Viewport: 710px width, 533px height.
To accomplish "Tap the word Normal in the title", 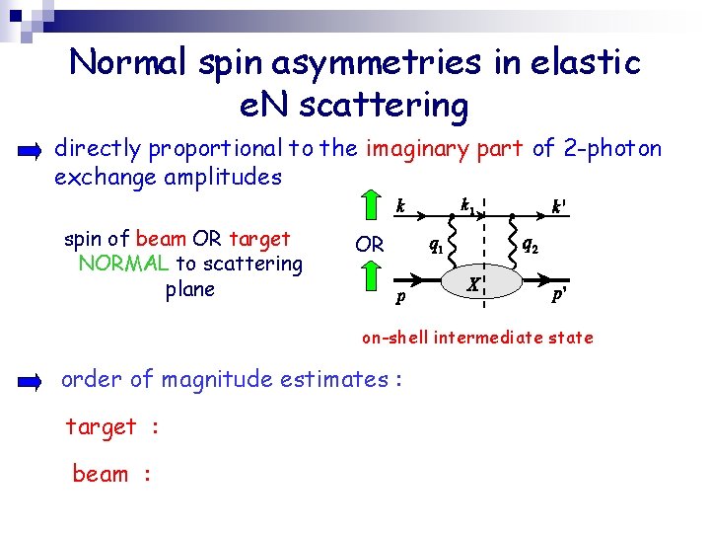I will click(124, 63).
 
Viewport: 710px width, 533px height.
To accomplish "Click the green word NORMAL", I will click(123, 264).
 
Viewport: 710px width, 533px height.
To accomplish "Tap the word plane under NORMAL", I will click(190, 289).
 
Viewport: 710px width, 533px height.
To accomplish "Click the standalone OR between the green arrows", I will click(370, 244).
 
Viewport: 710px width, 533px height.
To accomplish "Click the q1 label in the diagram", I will click(433, 246).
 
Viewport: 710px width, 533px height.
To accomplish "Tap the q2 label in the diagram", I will click(530, 246).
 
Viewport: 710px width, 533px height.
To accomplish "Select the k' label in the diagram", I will click(558, 208).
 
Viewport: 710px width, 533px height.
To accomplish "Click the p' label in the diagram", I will click(558, 295).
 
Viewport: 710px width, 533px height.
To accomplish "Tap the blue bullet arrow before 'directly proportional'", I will click(30, 152).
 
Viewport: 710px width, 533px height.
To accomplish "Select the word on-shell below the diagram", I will click(396, 338).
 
